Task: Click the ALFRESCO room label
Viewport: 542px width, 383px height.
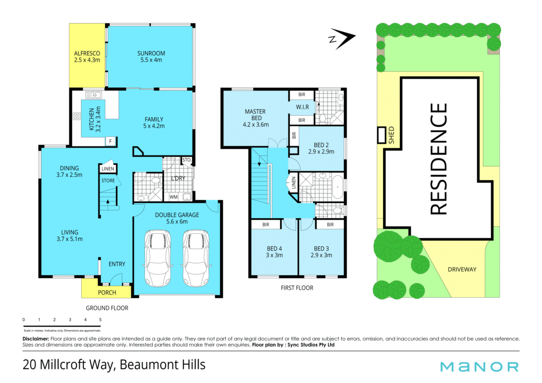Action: pos(87,53)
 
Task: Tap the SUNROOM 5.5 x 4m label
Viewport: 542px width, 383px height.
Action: pos(151,56)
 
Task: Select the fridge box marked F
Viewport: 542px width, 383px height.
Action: pos(110,141)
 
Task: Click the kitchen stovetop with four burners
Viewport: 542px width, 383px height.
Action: pos(77,116)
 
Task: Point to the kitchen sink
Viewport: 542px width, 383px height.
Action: pos(93,95)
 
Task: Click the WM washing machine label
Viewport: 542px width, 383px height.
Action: pos(174,197)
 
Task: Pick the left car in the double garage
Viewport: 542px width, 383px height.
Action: pos(158,258)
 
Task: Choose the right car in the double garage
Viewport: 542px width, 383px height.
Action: pos(196,258)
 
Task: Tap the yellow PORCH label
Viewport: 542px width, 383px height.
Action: pos(107,293)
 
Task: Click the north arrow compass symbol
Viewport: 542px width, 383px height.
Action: pos(342,39)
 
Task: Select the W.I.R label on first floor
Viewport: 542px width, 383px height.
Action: pos(302,107)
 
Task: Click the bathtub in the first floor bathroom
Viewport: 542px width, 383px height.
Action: pos(338,187)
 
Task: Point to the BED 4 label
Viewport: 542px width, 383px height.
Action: pos(274,249)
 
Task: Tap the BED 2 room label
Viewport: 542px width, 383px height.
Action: pos(321,145)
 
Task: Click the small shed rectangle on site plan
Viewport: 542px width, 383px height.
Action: pos(382,135)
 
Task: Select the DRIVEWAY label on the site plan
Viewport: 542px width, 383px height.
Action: pos(462,270)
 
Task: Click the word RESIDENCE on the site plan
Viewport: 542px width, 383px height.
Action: pos(439,159)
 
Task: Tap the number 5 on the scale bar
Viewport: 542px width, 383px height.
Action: pos(100,320)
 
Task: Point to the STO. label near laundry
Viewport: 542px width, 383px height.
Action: pos(187,160)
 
